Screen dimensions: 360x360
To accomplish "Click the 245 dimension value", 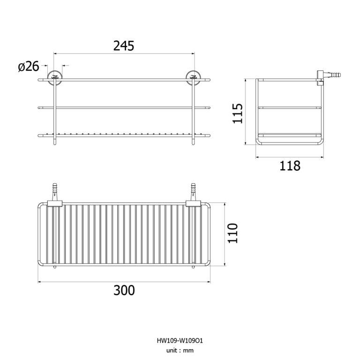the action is click(124, 45).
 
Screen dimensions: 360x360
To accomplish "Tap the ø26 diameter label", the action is click(29, 67).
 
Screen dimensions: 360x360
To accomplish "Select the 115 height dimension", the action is click(238, 113).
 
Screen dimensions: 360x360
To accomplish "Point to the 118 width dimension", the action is click(290, 165).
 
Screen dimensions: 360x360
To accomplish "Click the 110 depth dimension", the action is click(232, 233).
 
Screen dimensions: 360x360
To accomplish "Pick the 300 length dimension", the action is click(124, 290).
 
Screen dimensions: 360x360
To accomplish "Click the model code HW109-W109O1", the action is click(180, 340).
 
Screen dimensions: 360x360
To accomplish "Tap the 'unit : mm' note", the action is click(180, 350).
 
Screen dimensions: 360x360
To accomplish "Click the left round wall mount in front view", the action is click(55, 78).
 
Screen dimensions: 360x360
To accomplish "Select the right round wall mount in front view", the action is click(193, 78).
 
